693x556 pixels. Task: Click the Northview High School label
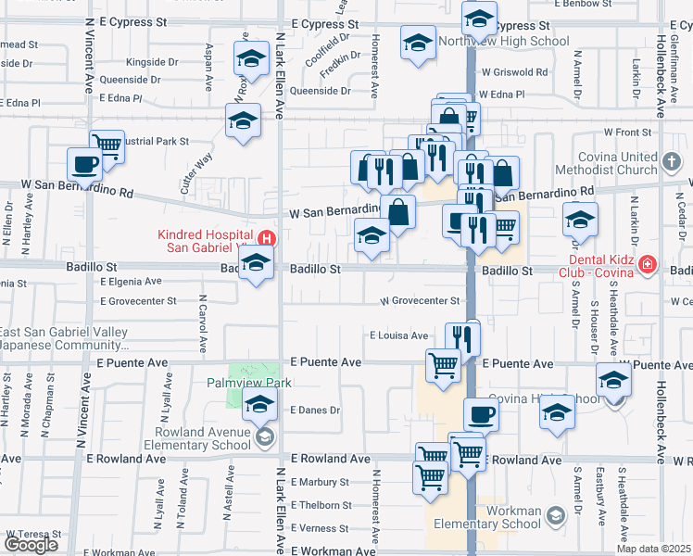pos(504,41)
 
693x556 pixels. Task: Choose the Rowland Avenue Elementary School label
pos(206,438)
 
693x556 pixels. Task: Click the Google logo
pos(31,545)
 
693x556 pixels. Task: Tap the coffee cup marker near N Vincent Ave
pos(84,165)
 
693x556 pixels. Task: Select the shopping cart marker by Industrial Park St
pos(107,145)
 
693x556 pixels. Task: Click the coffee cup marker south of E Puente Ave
pos(480,413)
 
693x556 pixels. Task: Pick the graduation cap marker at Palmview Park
pos(260,403)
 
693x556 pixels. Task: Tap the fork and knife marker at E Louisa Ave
pos(461,337)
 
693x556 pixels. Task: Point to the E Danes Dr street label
pos(316,409)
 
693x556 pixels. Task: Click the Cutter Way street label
pos(197,172)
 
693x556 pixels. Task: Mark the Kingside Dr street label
pos(152,62)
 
